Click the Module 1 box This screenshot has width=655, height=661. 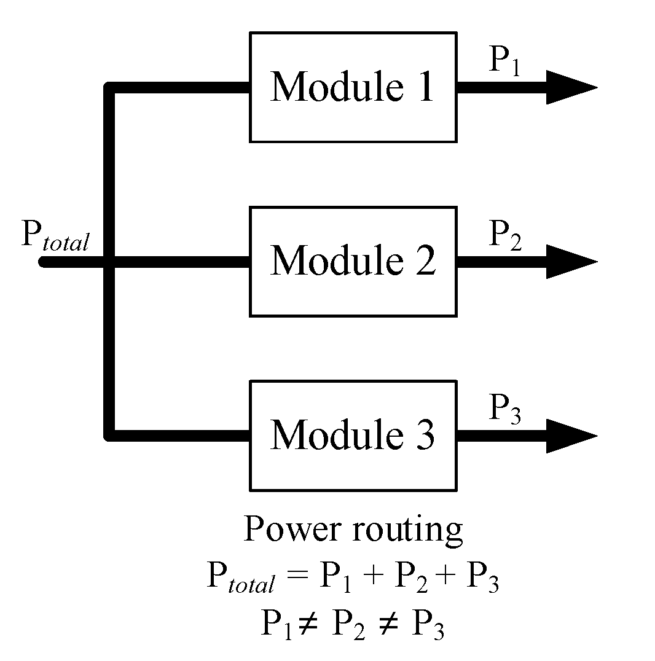pos(353,87)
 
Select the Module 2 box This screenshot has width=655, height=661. pos(353,262)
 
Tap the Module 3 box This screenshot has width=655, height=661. pos(353,436)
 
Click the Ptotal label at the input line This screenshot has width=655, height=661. pos(55,237)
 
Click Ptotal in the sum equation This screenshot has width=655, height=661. pos(240,579)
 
